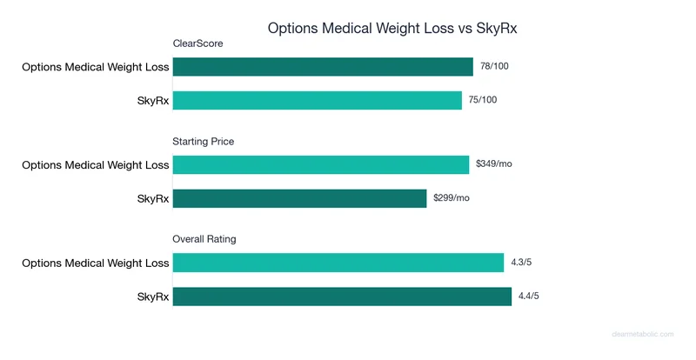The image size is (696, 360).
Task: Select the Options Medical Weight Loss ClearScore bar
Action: click(x=323, y=67)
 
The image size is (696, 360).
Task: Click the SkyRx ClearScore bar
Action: click(x=318, y=101)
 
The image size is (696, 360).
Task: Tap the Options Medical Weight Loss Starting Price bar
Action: click(x=321, y=164)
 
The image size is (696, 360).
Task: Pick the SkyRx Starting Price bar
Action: click(x=299, y=198)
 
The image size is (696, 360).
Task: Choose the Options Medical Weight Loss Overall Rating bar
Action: click(x=338, y=263)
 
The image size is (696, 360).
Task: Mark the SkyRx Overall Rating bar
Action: click(x=342, y=297)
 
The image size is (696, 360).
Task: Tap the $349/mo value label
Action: click(x=494, y=163)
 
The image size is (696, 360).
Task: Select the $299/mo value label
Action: click(x=452, y=198)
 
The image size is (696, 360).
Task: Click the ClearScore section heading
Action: click(x=197, y=43)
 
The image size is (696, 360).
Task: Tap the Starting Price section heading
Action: click(x=204, y=141)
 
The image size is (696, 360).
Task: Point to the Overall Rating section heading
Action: click(x=204, y=238)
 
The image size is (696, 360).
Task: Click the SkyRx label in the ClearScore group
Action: click(x=152, y=101)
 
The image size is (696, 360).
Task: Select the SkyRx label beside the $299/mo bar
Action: click(x=152, y=198)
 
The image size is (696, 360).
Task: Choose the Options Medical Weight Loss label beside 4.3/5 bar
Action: click(x=96, y=263)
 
